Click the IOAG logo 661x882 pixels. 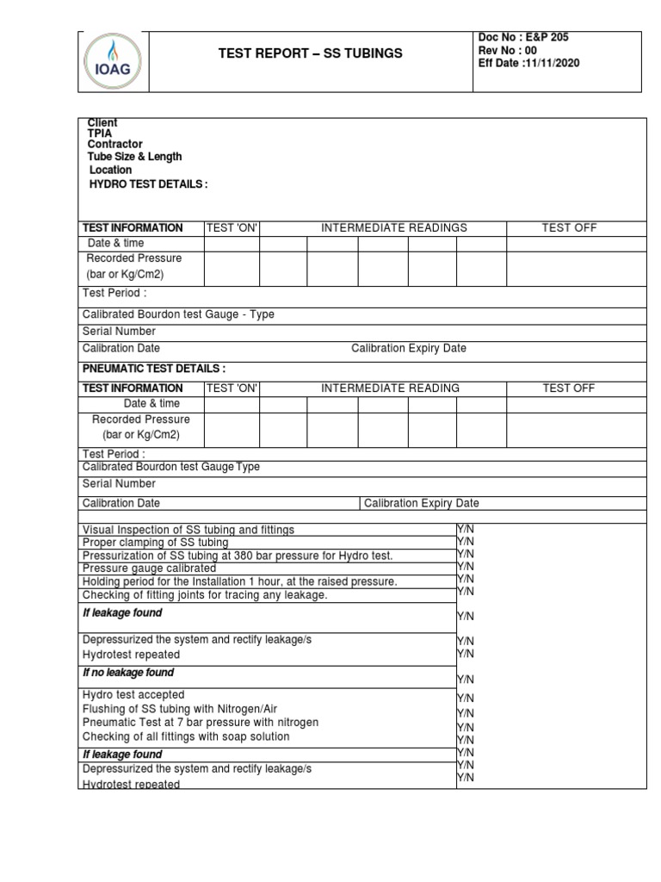pos(114,62)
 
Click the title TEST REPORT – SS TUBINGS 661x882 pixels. pos(311,53)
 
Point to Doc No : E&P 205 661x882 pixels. pos(523,37)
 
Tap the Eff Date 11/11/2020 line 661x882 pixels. pos(530,63)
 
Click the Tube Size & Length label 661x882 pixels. pos(134,157)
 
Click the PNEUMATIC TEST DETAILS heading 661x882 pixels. pos(154,369)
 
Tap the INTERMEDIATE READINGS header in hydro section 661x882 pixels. pos(394,228)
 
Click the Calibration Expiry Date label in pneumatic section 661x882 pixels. pos(422,503)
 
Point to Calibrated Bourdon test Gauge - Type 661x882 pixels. pos(178,314)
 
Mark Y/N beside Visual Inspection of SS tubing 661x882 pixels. pos(465,529)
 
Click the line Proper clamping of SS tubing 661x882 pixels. pos(156,543)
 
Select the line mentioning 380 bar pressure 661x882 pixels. pos(238,556)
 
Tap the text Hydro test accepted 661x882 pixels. pos(133,694)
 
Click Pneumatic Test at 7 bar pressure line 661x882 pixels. pos(201,722)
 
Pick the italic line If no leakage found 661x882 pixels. pos(128,673)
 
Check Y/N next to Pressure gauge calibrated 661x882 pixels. pos(465,567)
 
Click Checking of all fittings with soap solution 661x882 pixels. pos(186,736)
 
